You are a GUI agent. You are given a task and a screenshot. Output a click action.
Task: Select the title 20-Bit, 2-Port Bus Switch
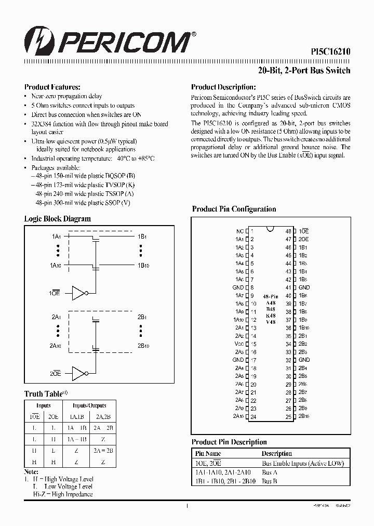[304, 70]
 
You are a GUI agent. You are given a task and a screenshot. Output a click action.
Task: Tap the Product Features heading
[52, 87]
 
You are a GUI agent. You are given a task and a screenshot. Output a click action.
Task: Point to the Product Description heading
[223, 87]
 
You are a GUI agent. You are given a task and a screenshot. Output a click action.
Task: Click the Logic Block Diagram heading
[57, 219]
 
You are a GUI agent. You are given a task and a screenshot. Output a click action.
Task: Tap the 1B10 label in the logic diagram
[143, 266]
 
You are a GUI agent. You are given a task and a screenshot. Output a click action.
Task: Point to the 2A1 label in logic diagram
[56, 317]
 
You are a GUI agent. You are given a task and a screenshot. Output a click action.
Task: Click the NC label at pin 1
[239, 231]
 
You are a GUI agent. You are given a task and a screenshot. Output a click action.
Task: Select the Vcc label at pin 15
[238, 344]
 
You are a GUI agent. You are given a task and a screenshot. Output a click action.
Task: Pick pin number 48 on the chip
[288, 231]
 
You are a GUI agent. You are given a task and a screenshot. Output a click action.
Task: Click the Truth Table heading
[44, 394]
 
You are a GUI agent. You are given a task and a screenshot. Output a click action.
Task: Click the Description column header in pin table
[276, 453]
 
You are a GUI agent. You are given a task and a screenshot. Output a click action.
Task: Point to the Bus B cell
[269, 481]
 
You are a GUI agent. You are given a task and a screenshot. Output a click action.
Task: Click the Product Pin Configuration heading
[234, 209]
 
